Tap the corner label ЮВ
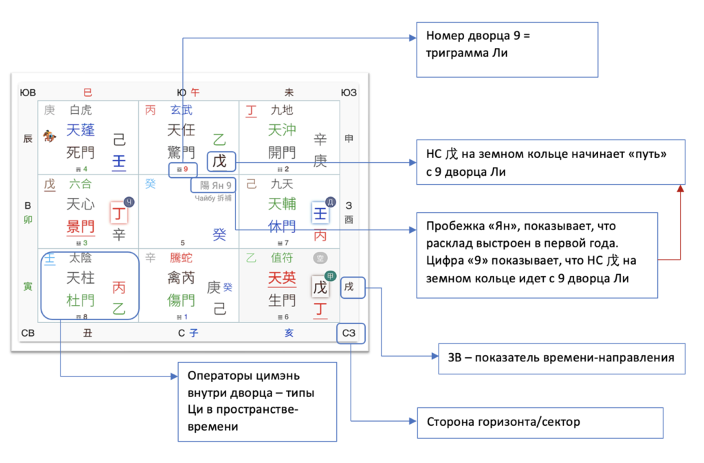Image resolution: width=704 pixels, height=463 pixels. coord(27,92)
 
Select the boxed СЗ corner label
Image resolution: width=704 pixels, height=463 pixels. coord(351,334)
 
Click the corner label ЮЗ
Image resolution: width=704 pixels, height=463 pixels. coord(350,92)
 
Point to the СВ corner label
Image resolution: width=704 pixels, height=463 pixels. coord(27,334)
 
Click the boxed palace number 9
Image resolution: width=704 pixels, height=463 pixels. coord(184,168)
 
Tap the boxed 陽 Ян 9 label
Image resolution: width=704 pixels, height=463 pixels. coord(215,185)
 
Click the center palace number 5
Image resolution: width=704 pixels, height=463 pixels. coord(183,242)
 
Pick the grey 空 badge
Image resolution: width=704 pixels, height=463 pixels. coord(319,258)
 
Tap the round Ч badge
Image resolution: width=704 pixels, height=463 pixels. coord(129,202)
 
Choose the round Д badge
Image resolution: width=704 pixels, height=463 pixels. coord(329,202)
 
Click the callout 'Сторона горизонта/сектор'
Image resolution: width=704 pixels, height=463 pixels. coord(540,422)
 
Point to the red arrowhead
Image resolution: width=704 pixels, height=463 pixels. coord(681,188)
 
